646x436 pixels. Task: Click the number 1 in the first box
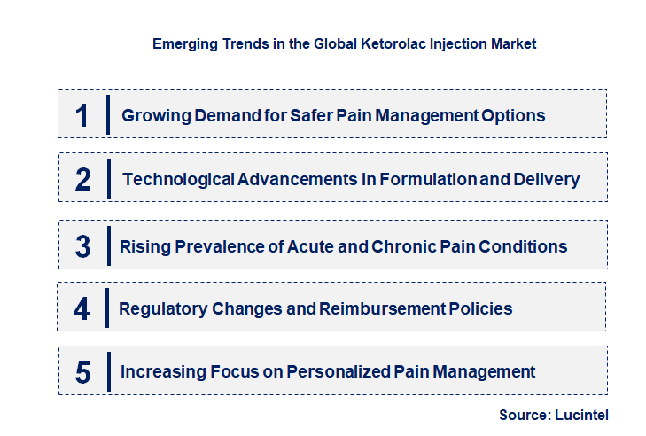[x=82, y=116]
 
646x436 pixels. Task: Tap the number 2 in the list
[x=83, y=180]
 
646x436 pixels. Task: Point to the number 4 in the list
[x=82, y=309]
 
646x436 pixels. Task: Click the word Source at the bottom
[x=525, y=414]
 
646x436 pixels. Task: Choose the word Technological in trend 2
[x=178, y=180]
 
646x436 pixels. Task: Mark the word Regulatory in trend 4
[x=163, y=309]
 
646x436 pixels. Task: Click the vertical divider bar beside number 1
[x=107, y=115]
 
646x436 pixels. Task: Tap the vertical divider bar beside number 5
[x=107, y=372]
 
